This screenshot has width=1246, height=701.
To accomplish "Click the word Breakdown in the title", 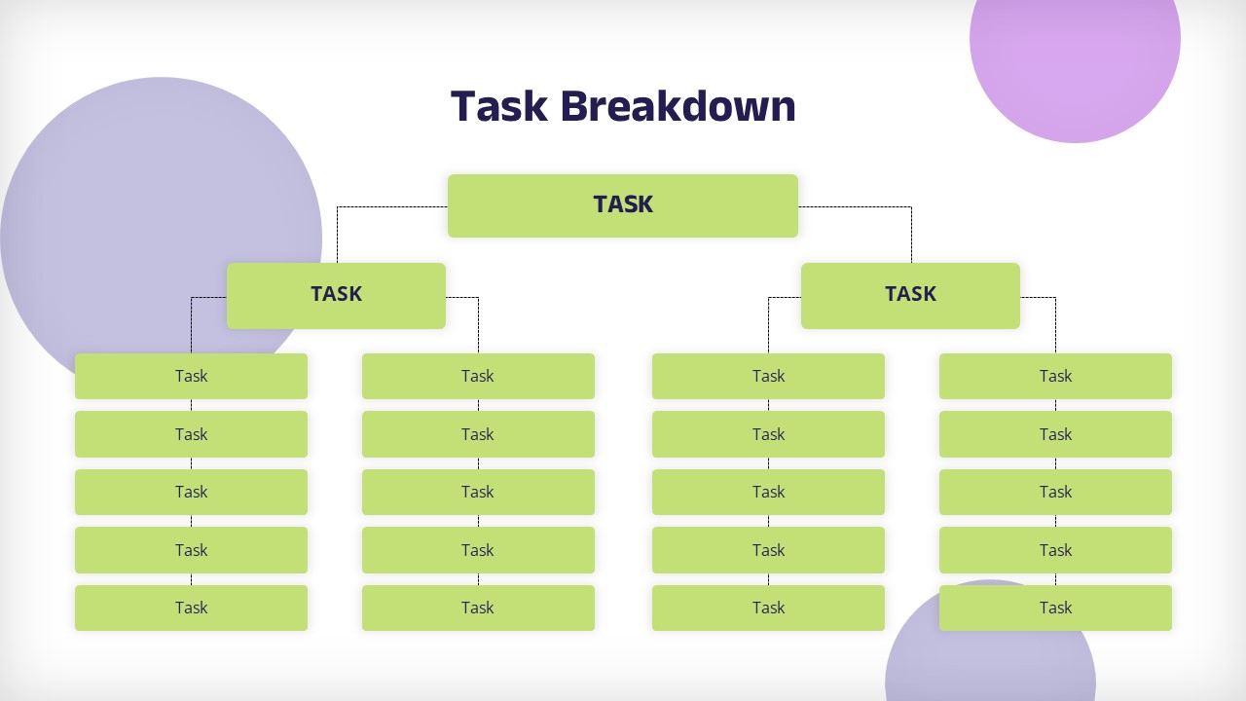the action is click(x=678, y=106).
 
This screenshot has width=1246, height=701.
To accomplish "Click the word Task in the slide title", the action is click(x=499, y=106).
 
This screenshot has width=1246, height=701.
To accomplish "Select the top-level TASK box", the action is click(x=623, y=205).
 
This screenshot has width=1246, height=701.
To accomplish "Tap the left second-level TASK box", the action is click(x=336, y=296).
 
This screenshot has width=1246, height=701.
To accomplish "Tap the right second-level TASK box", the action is click(x=910, y=296).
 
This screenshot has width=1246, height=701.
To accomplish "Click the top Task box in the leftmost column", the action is click(x=192, y=376).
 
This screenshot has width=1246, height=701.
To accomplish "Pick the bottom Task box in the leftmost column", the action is click(x=192, y=608).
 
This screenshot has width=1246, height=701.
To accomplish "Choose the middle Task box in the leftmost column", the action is click(x=192, y=492).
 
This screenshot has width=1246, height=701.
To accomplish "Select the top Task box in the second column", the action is click(x=478, y=376).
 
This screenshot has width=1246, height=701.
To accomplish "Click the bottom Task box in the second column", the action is click(x=478, y=608).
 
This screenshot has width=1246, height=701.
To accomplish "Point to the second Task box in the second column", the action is click(x=478, y=434).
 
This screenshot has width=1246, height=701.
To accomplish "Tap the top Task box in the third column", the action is click(x=768, y=376).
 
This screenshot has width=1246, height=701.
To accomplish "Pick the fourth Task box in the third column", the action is click(x=768, y=550).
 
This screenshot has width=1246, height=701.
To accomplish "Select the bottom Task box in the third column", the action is click(x=768, y=608).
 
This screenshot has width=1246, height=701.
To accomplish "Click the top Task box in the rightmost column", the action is click(x=1056, y=376).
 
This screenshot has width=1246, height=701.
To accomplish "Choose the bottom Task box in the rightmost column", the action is click(x=1056, y=608).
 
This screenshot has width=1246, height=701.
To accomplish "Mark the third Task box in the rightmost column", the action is click(x=1056, y=492).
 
